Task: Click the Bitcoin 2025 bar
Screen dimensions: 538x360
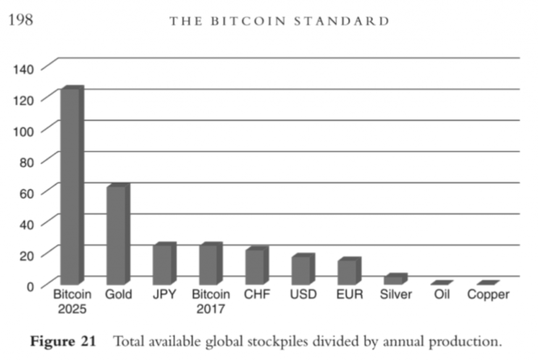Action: (x=72, y=185)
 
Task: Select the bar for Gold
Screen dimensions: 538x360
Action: (x=118, y=234)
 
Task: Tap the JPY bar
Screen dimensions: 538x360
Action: (x=164, y=263)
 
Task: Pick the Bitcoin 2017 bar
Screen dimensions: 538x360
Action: (x=211, y=263)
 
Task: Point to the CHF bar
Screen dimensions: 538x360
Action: (x=257, y=265)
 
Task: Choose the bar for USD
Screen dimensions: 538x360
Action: (x=303, y=269)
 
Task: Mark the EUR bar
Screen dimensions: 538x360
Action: (x=349, y=271)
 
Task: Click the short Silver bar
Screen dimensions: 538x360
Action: (x=395, y=279)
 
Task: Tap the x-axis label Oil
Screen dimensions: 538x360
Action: (x=442, y=295)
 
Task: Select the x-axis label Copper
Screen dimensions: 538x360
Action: (x=488, y=295)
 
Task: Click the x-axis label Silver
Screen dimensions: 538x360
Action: (x=395, y=295)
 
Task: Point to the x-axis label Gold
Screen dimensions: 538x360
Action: (x=118, y=295)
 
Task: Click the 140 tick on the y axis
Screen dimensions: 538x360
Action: (x=23, y=70)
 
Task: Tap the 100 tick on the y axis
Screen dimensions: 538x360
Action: (x=23, y=131)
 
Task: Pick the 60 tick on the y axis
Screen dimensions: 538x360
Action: (x=27, y=193)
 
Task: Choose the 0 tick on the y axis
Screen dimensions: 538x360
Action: (x=30, y=287)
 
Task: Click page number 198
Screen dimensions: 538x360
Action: (x=20, y=20)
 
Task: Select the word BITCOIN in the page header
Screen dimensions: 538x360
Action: (x=248, y=21)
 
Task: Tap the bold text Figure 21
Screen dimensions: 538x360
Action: (x=63, y=341)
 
